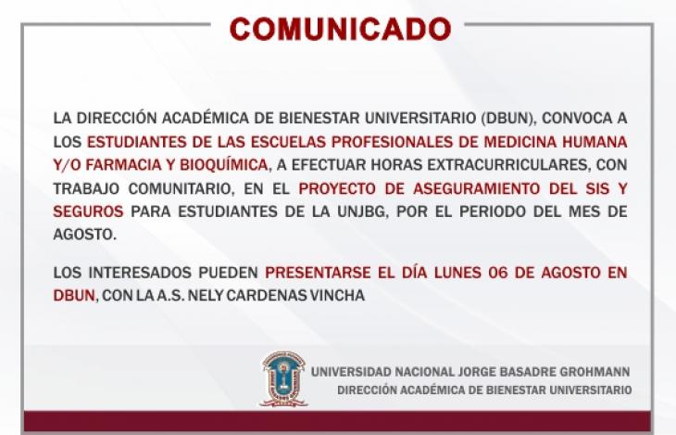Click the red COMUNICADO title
click(x=340, y=29)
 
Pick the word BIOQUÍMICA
click(x=224, y=165)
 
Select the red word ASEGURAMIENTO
click(x=476, y=189)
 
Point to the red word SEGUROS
click(x=88, y=211)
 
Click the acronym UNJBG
click(x=363, y=211)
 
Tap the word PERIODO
click(x=493, y=211)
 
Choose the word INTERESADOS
click(x=139, y=273)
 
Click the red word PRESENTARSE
click(x=318, y=273)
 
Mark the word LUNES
click(x=457, y=273)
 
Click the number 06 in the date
click(x=498, y=273)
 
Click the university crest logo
click(x=283, y=378)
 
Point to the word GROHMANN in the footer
click(x=595, y=372)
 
